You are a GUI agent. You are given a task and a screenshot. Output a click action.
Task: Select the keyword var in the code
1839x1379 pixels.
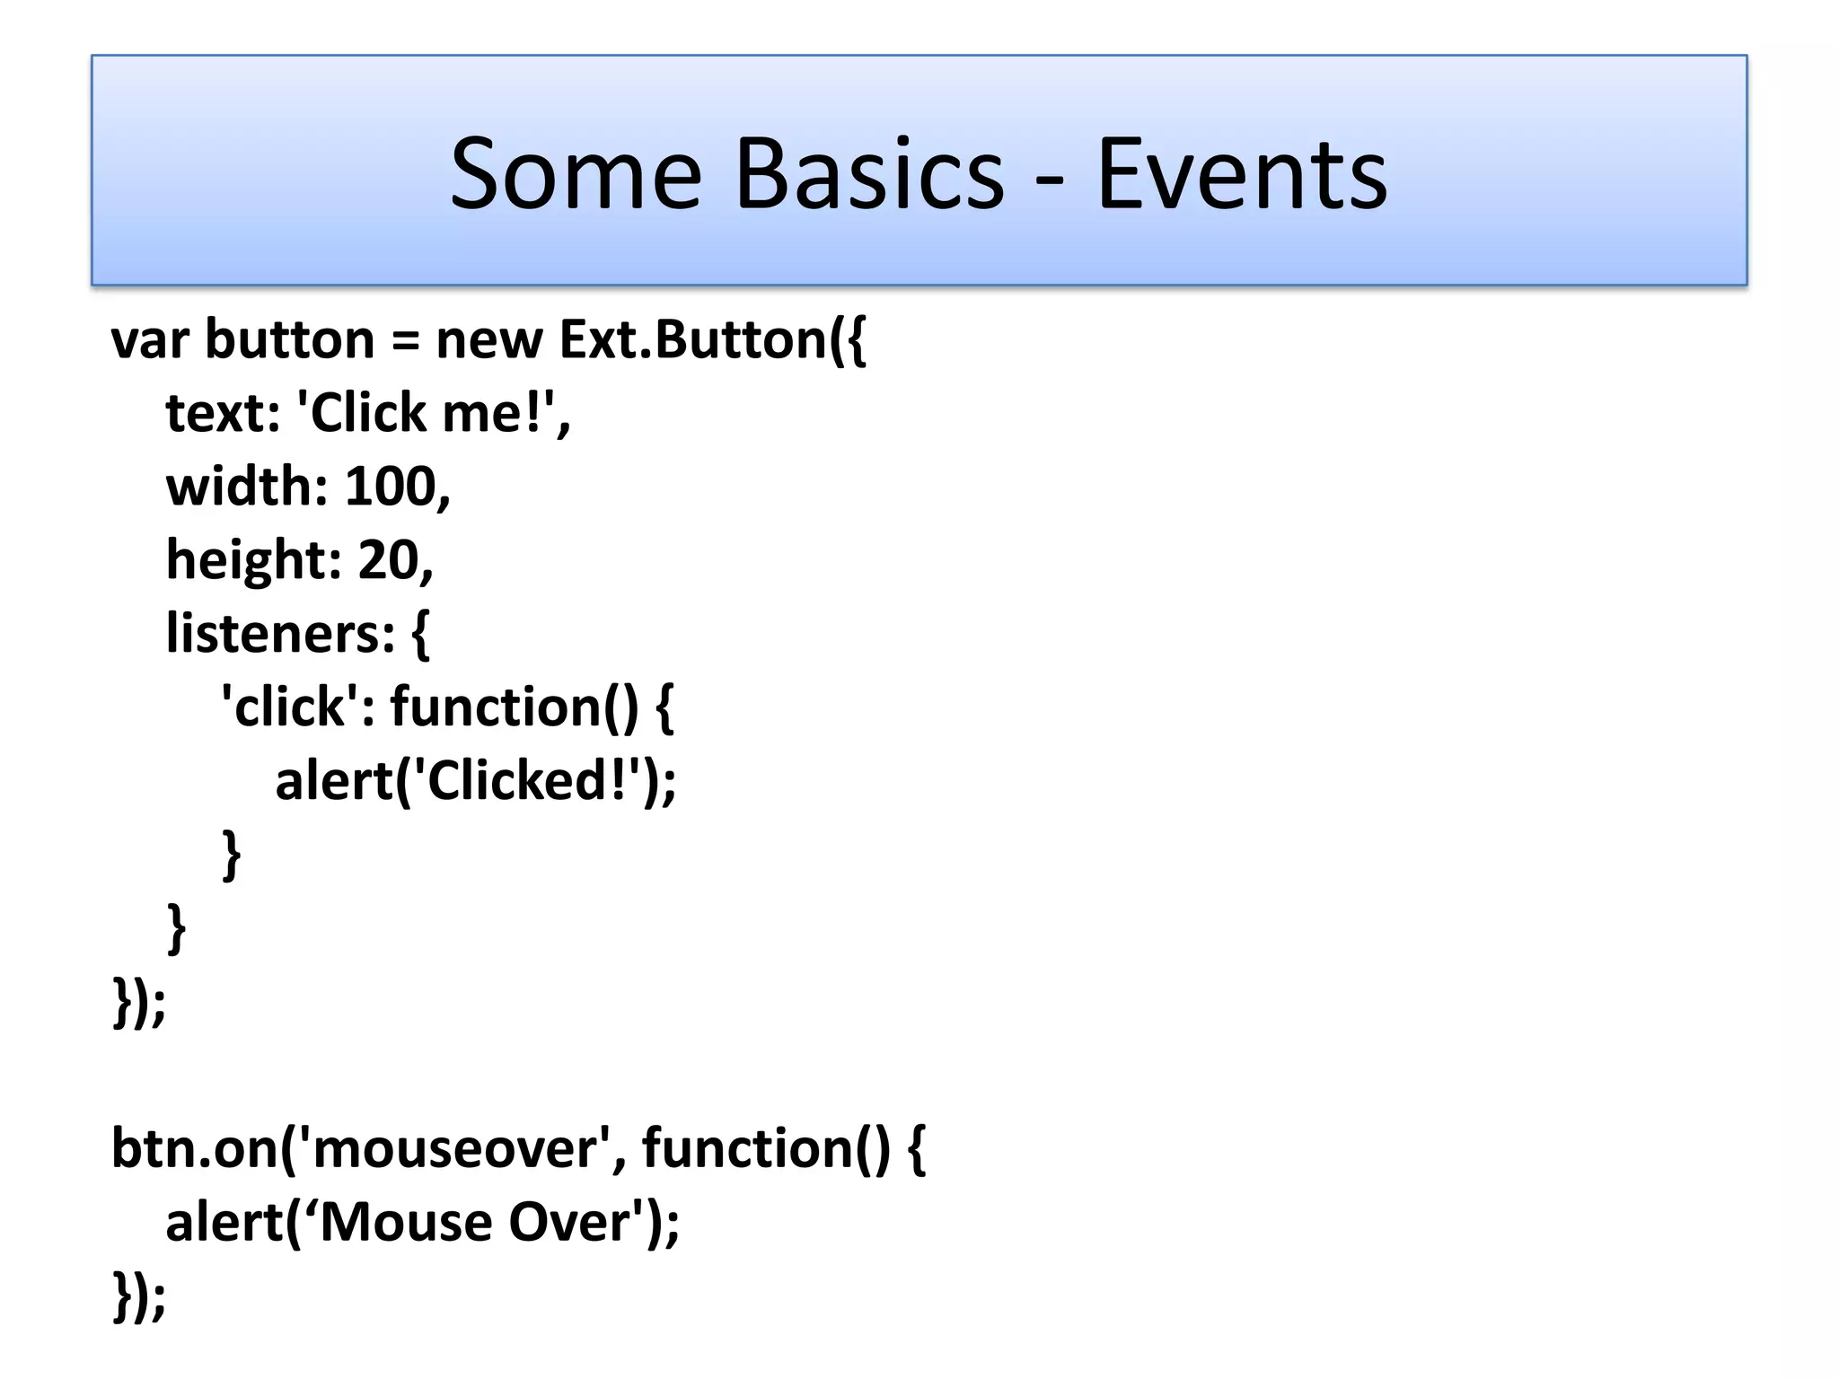[150, 340]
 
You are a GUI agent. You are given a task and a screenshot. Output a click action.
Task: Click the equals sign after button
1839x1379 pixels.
[405, 342]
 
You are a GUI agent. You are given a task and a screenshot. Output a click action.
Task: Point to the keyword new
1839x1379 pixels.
[489, 340]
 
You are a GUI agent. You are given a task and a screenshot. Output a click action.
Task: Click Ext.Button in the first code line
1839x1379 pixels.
[691, 340]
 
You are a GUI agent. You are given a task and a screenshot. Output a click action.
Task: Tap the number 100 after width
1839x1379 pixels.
[391, 487]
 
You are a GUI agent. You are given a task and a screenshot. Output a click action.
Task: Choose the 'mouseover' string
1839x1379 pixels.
[454, 1148]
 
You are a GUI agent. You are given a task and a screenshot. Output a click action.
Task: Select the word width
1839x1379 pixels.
[239, 487]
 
